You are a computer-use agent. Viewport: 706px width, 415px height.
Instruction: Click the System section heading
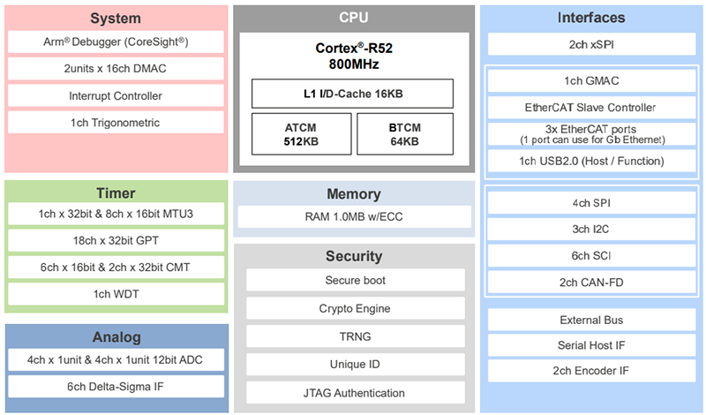116,19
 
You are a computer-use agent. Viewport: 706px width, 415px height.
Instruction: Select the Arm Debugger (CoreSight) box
116,42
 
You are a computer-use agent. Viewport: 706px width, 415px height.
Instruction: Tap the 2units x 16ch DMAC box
116,69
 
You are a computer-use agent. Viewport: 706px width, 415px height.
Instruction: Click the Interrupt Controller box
116,95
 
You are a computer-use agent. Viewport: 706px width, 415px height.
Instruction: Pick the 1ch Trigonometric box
116,122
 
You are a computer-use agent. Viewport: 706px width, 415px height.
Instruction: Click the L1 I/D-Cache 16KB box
353,94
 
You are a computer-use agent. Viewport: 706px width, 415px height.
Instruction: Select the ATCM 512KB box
300,133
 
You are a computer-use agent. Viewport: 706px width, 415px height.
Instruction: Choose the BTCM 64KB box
405,133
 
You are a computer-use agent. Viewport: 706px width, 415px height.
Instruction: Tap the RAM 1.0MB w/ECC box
353,216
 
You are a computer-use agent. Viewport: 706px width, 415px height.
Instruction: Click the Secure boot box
356,280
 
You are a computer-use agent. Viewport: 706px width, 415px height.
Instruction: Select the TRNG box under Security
356,336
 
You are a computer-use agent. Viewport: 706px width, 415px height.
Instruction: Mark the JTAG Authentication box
356,393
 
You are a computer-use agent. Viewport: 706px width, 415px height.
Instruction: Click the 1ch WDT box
116,293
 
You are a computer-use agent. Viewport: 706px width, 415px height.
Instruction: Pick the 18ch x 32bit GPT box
116,240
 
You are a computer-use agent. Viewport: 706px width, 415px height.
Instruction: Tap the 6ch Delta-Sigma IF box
116,386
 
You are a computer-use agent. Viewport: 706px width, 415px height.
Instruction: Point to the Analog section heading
116,337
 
